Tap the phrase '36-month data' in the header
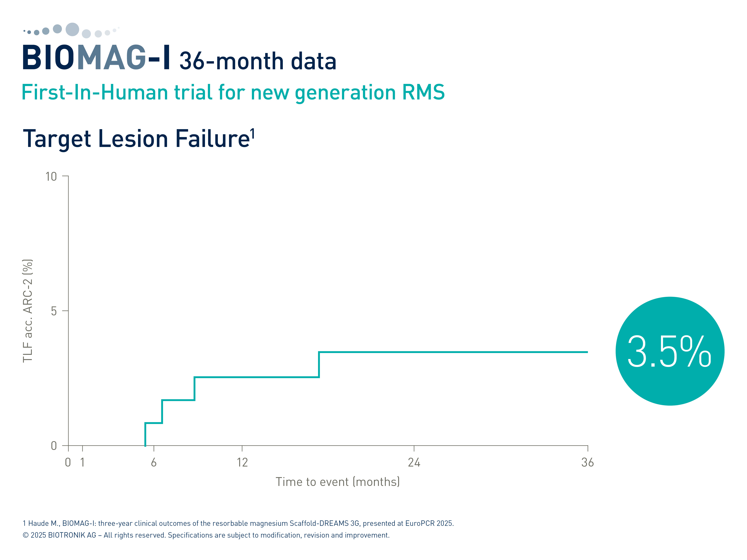[258, 61]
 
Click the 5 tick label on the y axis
[54, 311]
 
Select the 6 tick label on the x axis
[154, 462]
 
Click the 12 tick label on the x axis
[242, 462]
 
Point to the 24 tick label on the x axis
[414, 462]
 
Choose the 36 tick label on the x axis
[588, 462]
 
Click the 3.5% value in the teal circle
[669, 351]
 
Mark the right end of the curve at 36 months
[588, 352]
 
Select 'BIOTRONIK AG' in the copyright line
[72, 535]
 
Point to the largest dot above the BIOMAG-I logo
[72, 29]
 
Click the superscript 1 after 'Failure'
[253, 134]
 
